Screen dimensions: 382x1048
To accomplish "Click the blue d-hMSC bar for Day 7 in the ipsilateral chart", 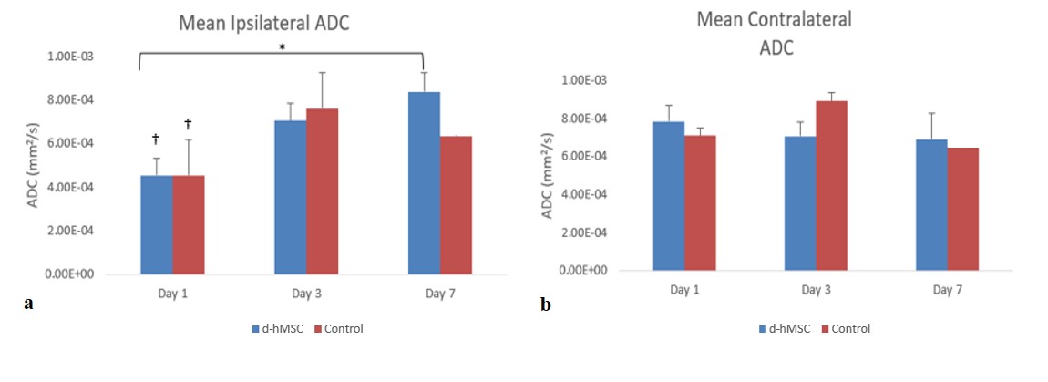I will coord(424,182).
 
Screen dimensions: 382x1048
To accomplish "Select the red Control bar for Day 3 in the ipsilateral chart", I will coord(322,191).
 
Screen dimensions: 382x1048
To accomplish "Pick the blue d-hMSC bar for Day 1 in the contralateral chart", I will coord(669,195).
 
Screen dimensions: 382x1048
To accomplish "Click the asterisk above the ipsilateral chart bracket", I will coord(282,48).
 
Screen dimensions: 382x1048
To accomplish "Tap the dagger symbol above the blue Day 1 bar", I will coord(156,139).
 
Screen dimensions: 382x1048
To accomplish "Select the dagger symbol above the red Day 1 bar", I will coord(188,123).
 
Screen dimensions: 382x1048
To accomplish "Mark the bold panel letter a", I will coord(28,305).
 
